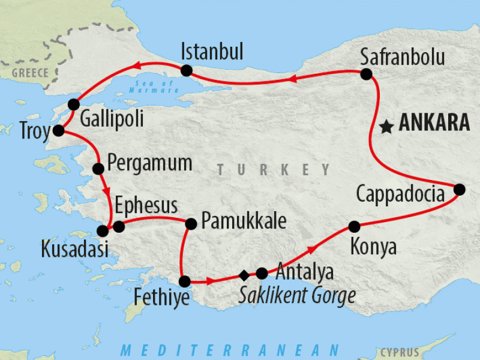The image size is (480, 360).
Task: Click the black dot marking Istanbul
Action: click(186, 70)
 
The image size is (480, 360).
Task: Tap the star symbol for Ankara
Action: click(387, 127)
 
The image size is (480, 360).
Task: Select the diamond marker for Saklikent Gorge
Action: click(244, 275)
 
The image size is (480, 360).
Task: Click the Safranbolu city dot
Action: click(366, 74)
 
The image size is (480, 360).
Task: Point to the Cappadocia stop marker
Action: click(459, 189)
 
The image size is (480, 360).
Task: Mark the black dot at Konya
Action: click(354, 226)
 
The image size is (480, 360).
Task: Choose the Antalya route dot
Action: click(262, 273)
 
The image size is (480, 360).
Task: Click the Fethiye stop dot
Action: click(185, 281)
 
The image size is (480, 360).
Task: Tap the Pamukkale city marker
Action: click(191, 224)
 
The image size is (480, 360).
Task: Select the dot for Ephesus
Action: click(119, 226)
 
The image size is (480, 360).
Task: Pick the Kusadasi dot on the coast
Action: click(103, 230)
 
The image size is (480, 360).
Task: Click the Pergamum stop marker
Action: click(99, 169)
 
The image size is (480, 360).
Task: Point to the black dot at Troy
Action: click(58, 130)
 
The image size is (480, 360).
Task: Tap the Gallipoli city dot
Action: click(74, 103)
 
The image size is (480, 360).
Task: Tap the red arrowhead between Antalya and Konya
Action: click(311, 248)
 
